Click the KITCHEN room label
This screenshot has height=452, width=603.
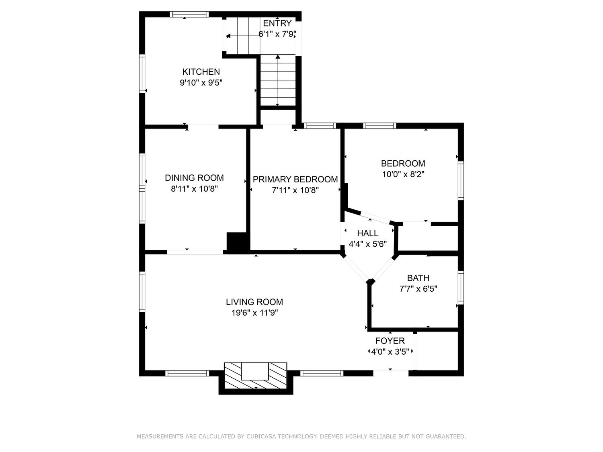(201, 72)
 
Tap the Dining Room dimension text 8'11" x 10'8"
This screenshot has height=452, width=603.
(194, 189)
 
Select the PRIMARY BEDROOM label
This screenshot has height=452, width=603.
(295, 179)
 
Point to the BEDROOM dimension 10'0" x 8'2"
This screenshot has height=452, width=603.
(403, 174)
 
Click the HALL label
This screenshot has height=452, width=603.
(367, 233)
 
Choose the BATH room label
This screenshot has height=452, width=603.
(418, 278)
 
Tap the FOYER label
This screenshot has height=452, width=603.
(390, 341)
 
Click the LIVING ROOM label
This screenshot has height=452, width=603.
(254, 302)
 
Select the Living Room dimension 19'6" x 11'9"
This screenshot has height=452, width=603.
(254, 313)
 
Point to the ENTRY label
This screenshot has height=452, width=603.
(277, 23)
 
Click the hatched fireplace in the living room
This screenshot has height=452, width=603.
(256, 375)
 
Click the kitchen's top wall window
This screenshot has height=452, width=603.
(189, 14)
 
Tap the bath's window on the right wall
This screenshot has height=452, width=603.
(461, 287)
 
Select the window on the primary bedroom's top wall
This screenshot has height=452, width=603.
(320, 126)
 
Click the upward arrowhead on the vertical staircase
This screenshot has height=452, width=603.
(278, 57)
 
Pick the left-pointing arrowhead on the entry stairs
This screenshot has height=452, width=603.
(228, 36)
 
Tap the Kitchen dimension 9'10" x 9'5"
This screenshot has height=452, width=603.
(201, 83)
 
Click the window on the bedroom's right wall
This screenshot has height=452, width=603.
(461, 180)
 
